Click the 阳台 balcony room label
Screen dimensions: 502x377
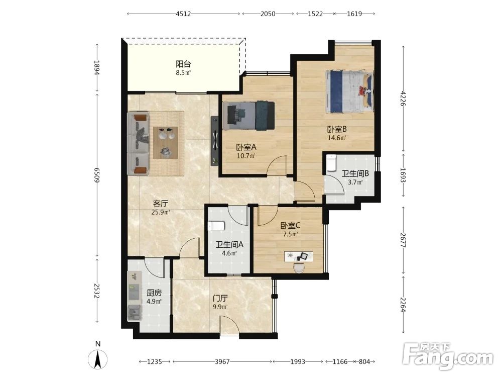(x=183, y=64)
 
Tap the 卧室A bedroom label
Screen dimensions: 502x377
(x=246, y=147)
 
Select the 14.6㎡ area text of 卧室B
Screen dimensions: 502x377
(x=337, y=138)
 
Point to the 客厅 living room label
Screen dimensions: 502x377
(x=161, y=204)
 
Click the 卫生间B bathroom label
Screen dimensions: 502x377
(x=355, y=174)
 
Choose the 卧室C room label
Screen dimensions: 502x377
(x=290, y=225)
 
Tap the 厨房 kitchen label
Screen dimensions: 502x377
(x=154, y=293)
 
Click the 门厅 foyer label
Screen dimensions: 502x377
(x=220, y=299)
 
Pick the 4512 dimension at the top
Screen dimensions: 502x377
(x=183, y=14)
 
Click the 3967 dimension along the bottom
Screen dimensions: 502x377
(x=222, y=361)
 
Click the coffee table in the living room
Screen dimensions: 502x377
(x=166, y=142)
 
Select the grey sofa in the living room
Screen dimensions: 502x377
(x=139, y=144)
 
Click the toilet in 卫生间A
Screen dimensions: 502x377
(x=215, y=226)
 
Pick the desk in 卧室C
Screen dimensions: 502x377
(x=298, y=256)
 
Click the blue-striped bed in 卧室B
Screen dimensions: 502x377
(x=349, y=91)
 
